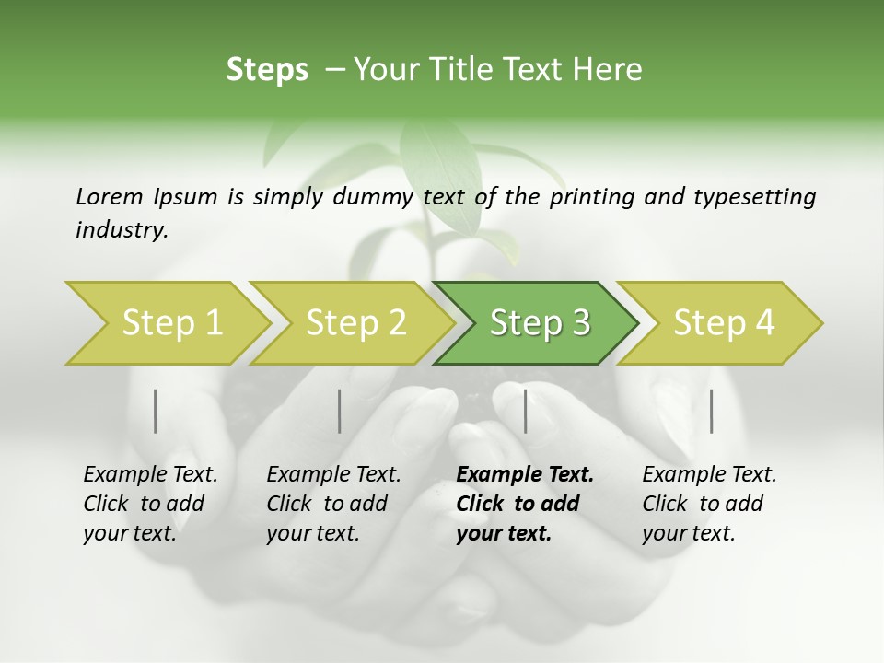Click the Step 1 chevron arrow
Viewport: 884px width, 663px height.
click(x=170, y=323)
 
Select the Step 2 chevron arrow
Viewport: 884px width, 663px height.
click(x=355, y=323)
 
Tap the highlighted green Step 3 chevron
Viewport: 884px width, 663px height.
click(x=539, y=323)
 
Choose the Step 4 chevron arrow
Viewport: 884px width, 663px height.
click(x=723, y=323)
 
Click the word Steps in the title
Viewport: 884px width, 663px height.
click(x=267, y=70)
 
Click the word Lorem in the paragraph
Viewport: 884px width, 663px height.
click(x=110, y=196)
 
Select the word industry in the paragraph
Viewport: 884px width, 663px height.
click(x=121, y=229)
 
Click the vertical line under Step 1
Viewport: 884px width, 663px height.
click(x=156, y=411)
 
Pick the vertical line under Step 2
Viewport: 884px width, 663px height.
click(x=340, y=411)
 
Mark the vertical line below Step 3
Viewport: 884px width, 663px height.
click(x=525, y=411)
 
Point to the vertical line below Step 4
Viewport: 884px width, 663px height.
click(x=711, y=411)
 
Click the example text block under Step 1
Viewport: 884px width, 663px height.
click(x=149, y=504)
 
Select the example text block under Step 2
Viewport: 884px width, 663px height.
click(x=333, y=504)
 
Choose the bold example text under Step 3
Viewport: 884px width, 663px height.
click(x=524, y=504)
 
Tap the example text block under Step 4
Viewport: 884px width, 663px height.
click(x=708, y=504)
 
